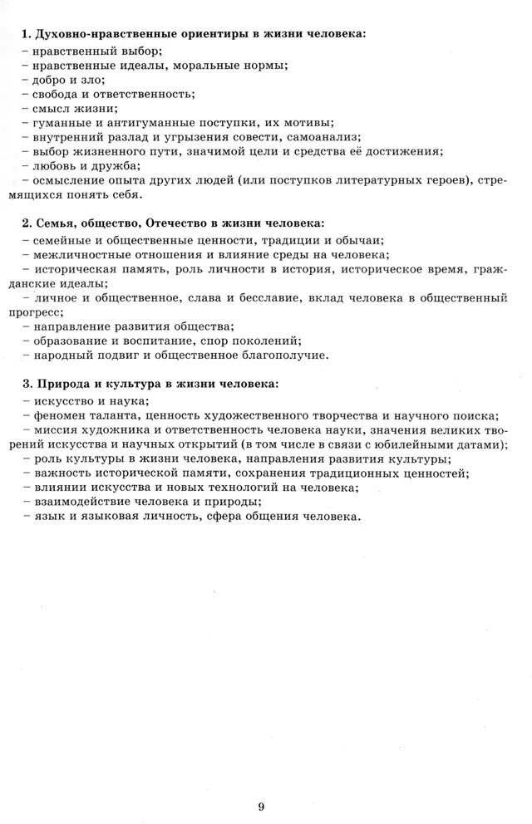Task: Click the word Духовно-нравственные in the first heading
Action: tap(93, 34)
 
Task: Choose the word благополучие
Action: tap(285, 356)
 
